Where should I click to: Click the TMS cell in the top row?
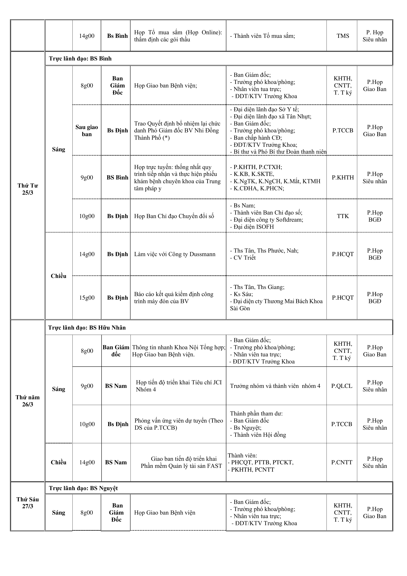coord(343,36)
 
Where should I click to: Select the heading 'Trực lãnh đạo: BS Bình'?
coord(80,59)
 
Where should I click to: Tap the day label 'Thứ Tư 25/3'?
coord(28,189)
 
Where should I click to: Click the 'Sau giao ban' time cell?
coord(87,130)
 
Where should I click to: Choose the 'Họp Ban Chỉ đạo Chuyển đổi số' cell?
coord(174,216)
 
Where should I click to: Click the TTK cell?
coord(343,216)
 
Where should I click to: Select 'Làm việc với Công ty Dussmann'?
coord(175,254)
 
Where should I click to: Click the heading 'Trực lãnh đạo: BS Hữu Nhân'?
coord(87,328)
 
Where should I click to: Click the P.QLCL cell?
coord(342,386)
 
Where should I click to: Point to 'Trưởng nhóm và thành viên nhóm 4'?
coord(275,386)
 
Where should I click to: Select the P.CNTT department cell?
coord(342,462)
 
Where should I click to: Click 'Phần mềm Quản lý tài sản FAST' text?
coord(181,466)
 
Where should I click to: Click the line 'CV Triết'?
coord(244,258)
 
